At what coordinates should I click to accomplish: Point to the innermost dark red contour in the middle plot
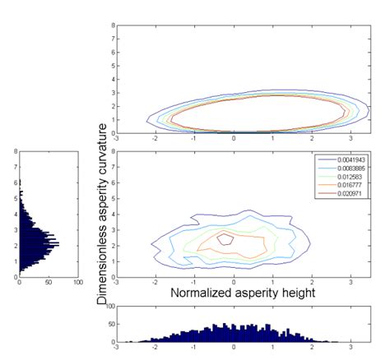pyautogui.click(x=225, y=240)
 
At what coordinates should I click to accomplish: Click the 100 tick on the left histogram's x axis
pyautogui.click(x=78, y=284)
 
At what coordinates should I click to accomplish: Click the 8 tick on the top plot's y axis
pyautogui.click(x=113, y=25)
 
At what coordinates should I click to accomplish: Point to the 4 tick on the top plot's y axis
pyautogui.click(x=113, y=79)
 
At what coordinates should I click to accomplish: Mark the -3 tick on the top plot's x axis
pyautogui.click(x=118, y=139)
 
